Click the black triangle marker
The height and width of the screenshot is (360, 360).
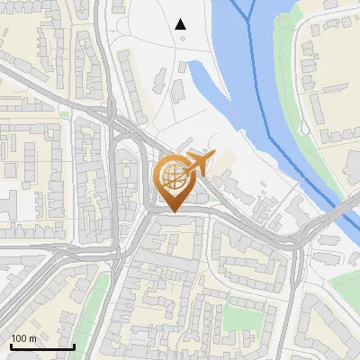point(181,24)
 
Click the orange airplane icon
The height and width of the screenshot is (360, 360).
point(200,162)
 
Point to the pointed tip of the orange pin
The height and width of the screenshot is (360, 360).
point(172,211)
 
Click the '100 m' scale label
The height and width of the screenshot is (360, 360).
point(24,338)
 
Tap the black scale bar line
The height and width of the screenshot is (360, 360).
point(42,346)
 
